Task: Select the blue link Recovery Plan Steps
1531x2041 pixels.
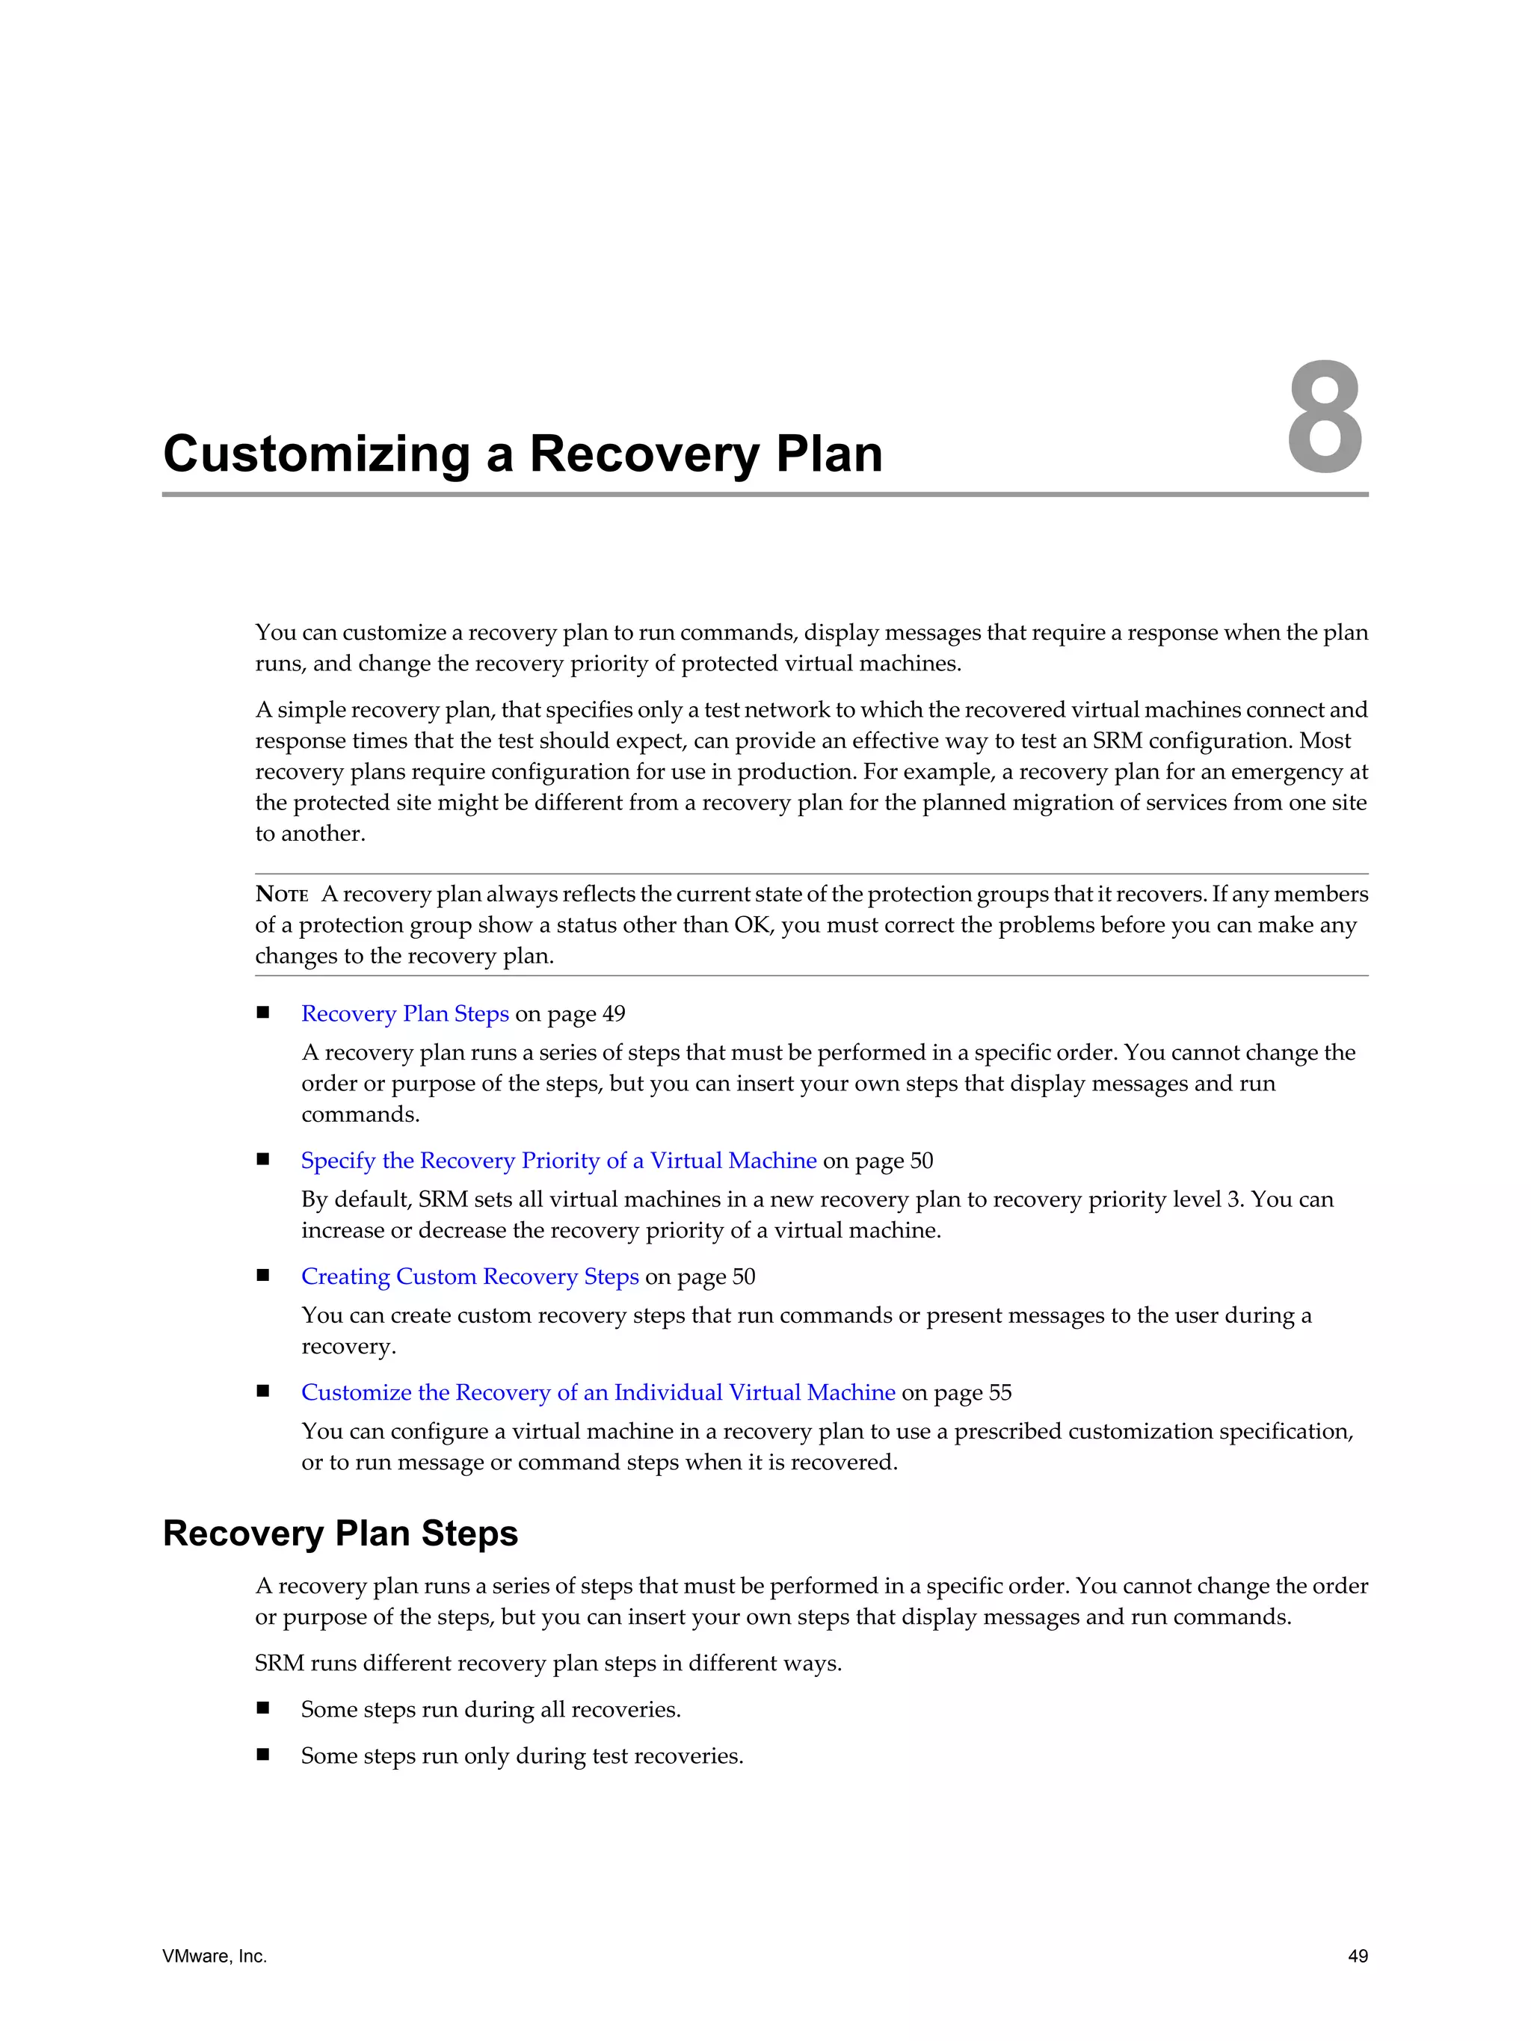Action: click(x=404, y=1013)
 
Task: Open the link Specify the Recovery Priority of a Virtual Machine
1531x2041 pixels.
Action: click(x=558, y=1160)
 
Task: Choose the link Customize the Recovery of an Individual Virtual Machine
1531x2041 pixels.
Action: click(x=598, y=1392)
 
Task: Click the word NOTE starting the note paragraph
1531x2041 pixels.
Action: click(x=282, y=894)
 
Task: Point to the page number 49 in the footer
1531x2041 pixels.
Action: click(x=1358, y=1956)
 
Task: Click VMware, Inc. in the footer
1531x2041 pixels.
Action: click(x=214, y=1956)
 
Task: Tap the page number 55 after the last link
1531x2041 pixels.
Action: click(x=1000, y=1392)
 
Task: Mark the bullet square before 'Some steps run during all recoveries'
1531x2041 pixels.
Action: click(x=263, y=1708)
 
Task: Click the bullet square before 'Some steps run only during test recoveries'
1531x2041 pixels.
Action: click(x=263, y=1754)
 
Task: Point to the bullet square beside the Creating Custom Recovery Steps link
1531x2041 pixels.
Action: click(x=263, y=1275)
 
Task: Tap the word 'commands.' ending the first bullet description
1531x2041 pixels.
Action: click(x=360, y=1114)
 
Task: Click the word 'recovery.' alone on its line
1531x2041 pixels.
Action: click(x=348, y=1346)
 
